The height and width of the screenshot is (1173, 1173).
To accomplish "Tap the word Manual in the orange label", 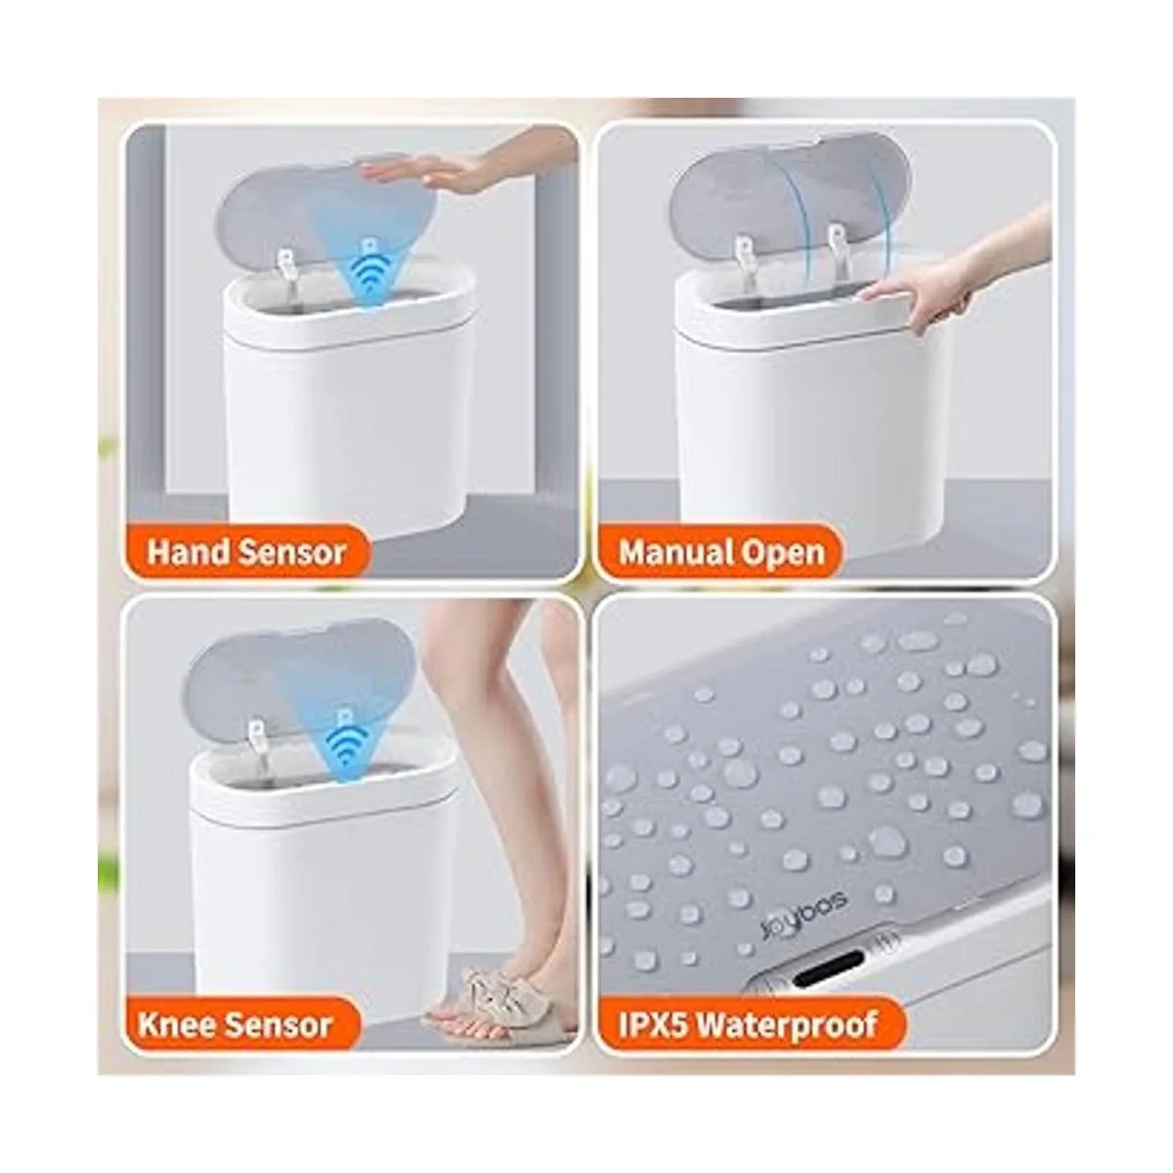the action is (x=668, y=552).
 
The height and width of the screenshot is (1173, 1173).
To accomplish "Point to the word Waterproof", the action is (x=787, y=1025).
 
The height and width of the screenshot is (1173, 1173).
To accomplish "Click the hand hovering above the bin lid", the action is (x=420, y=167).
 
